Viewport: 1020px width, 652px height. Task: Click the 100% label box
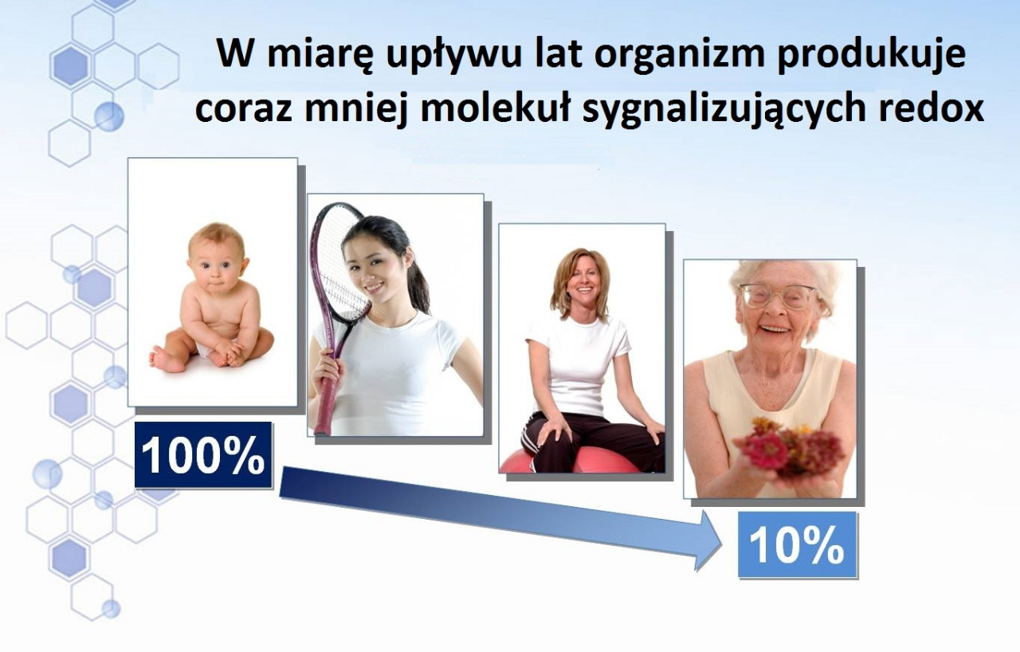click(x=203, y=455)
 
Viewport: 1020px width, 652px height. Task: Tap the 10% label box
click(x=798, y=544)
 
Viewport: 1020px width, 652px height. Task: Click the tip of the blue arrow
click(x=723, y=543)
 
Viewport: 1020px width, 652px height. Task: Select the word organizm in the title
click(x=680, y=55)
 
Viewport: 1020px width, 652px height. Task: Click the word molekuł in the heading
click(x=496, y=110)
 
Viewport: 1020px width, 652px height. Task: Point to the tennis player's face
click(x=370, y=269)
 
